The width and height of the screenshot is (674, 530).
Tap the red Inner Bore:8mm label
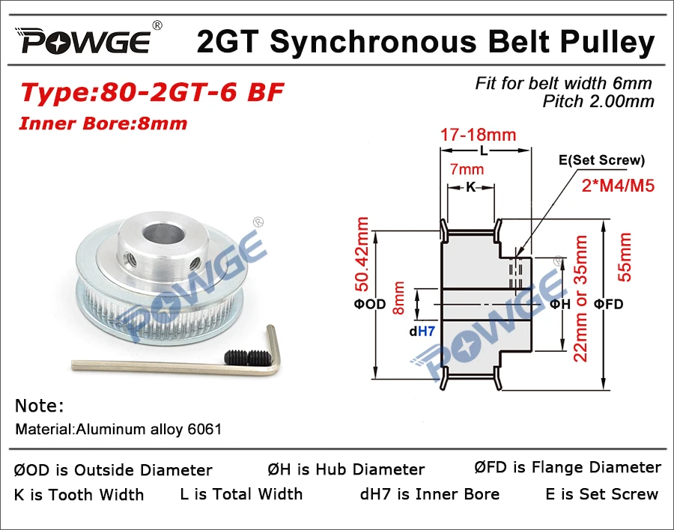104,123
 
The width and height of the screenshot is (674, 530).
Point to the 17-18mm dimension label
479,135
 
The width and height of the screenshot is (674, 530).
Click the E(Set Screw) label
601,160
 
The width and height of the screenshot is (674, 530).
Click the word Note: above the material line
39,406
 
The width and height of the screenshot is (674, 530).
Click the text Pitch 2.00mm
598,101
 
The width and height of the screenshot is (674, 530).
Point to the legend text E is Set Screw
602,493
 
